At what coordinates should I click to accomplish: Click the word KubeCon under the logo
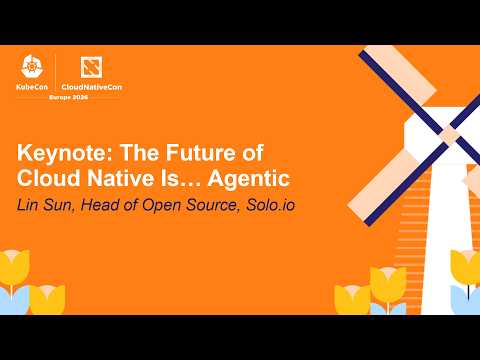coord(36,89)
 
